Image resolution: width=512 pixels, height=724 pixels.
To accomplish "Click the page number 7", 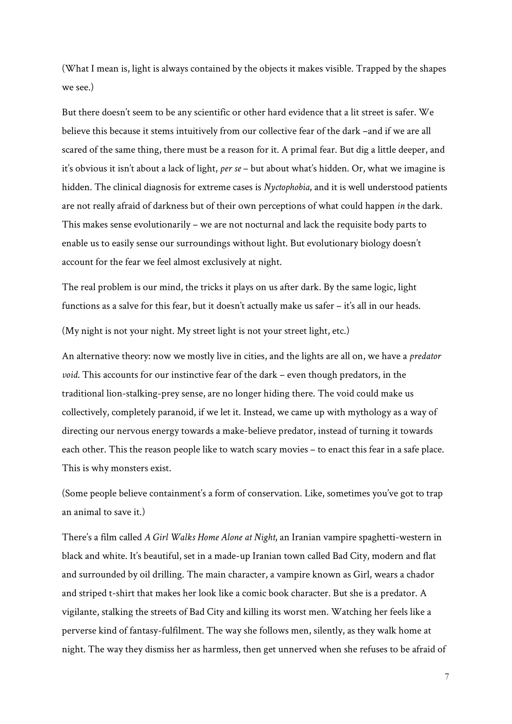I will [x=446, y=676].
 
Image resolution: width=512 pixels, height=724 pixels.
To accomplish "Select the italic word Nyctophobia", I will [x=288, y=187].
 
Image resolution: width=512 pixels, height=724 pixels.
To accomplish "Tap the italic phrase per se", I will [x=231, y=169].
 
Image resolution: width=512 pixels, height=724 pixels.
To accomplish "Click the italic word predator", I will [x=425, y=356].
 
